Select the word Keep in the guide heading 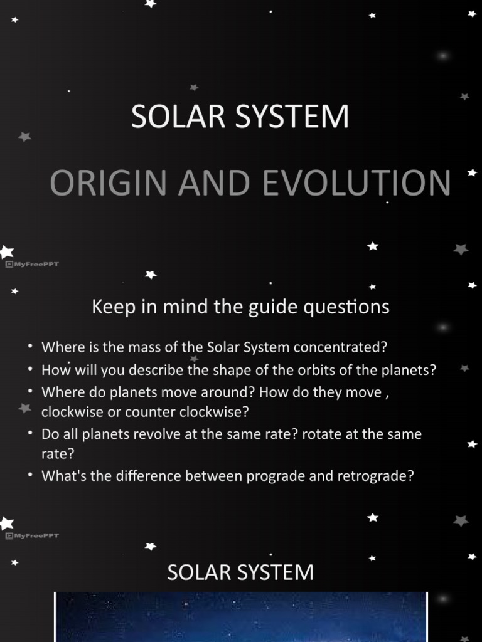point(109,307)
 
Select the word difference point(133,476)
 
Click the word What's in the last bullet point(60,476)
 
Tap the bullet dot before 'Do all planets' point(30,434)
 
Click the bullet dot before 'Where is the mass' point(30,347)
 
